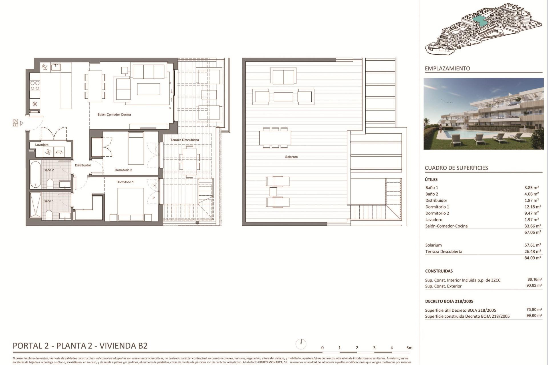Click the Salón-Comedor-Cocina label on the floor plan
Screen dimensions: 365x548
[x=114, y=115]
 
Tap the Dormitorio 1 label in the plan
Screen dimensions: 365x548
[x=125, y=182]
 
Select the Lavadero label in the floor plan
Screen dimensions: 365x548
[x=42, y=145]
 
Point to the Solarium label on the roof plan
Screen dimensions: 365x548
[x=291, y=157]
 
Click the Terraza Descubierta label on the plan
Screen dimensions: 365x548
[x=184, y=140]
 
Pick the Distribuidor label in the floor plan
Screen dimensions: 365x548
[x=83, y=165]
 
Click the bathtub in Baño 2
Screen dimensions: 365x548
[x=36, y=175]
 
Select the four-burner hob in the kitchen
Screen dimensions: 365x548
[x=35, y=86]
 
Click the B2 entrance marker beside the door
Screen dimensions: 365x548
[x=16, y=123]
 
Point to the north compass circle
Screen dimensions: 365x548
[x=301, y=344]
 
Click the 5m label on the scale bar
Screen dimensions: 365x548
[x=409, y=348]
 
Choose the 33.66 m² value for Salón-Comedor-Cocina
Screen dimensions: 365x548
[x=532, y=226]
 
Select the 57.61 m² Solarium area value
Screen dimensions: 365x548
[x=532, y=245]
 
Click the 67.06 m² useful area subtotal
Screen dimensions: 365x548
[x=532, y=232]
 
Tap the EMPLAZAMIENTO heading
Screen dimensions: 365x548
[x=447, y=68]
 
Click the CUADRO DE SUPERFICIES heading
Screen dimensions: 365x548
[x=456, y=168]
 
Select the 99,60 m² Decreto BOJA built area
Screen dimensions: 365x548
[x=534, y=316]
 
